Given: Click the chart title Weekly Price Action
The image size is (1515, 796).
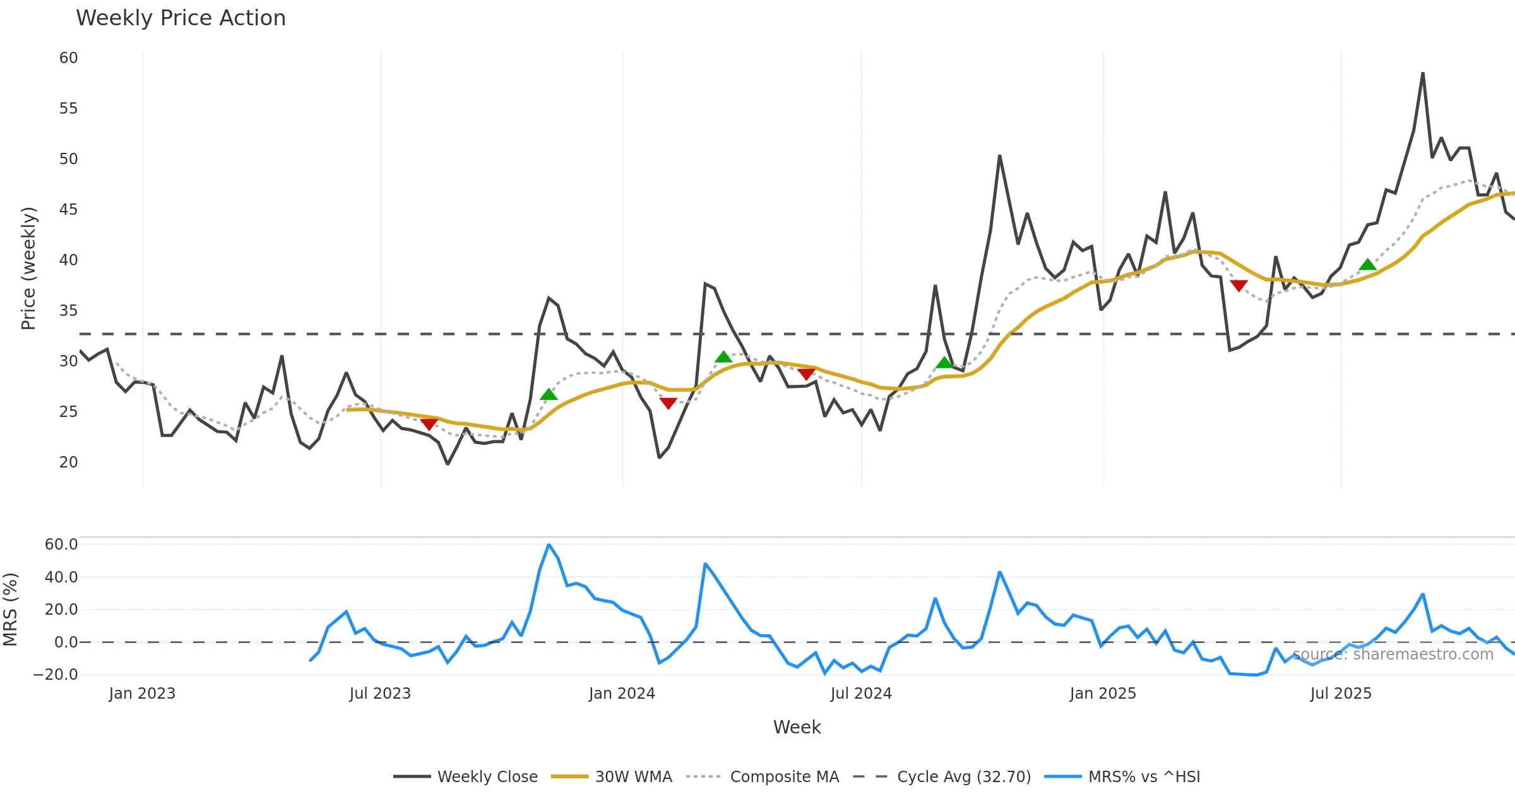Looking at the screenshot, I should [x=181, y=18].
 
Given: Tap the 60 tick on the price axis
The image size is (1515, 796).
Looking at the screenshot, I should [x=68, y=58].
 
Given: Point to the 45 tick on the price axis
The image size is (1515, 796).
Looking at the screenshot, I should [x=68, y=210].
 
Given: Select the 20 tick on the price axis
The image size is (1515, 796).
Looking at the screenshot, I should [x=68, y=462].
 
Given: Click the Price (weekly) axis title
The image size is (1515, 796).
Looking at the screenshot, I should [x=28, y=268].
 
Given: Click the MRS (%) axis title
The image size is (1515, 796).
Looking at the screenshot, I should [x=10, y=610].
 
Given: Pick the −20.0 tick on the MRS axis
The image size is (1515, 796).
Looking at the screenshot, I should [x=56, y=675].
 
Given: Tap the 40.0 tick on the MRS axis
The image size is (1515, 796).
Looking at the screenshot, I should [x=61, y=577].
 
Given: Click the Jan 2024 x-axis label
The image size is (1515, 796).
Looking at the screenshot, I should [x=622, y=694].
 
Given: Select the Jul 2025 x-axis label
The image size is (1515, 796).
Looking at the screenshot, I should [x=1341, y=694].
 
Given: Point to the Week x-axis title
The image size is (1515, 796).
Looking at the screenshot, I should [x=797, y=728].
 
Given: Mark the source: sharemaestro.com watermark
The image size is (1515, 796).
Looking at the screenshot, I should [x=1393, y=654].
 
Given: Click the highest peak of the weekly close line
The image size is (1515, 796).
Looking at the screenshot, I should [x=1423, y=73].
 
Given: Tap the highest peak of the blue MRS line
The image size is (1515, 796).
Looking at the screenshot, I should [x=549, y=545].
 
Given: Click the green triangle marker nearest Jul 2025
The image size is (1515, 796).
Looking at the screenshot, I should [x=1367, y=265].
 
